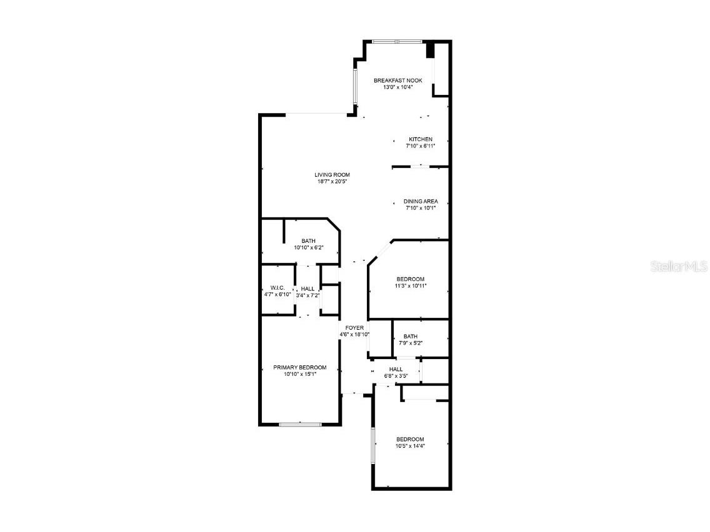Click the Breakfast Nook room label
398,81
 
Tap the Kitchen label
421,139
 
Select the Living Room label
332,175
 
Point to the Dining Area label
421,201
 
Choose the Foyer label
354,328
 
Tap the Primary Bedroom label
299,367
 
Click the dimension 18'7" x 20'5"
332,182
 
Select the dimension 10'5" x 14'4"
410,446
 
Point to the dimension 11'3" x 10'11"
411,286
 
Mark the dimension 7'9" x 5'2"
411,343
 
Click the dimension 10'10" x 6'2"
309,247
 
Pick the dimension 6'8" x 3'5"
396,376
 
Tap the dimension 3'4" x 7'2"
307,295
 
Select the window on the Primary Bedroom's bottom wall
300,425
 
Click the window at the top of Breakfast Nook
397,42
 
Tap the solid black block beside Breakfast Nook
430,49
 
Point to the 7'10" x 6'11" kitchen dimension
420,145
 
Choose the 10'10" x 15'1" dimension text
299,374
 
